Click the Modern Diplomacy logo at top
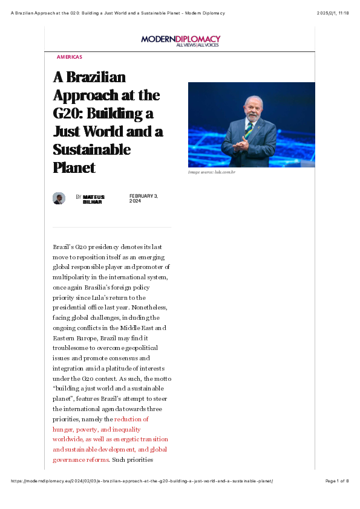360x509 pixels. [180, 39]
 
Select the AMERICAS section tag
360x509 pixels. [69, 57]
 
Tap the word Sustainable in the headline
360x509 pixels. [91, 149]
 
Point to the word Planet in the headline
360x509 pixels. [74, 167]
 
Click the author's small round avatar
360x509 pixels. [59, 198]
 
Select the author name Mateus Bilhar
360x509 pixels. [94, 199]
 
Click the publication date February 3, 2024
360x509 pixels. [143, 198]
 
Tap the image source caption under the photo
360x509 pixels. [211, 173]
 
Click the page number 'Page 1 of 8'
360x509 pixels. [336, 481]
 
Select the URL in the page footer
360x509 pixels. [143, 481]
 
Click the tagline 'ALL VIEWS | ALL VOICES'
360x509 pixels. [198, 45]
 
